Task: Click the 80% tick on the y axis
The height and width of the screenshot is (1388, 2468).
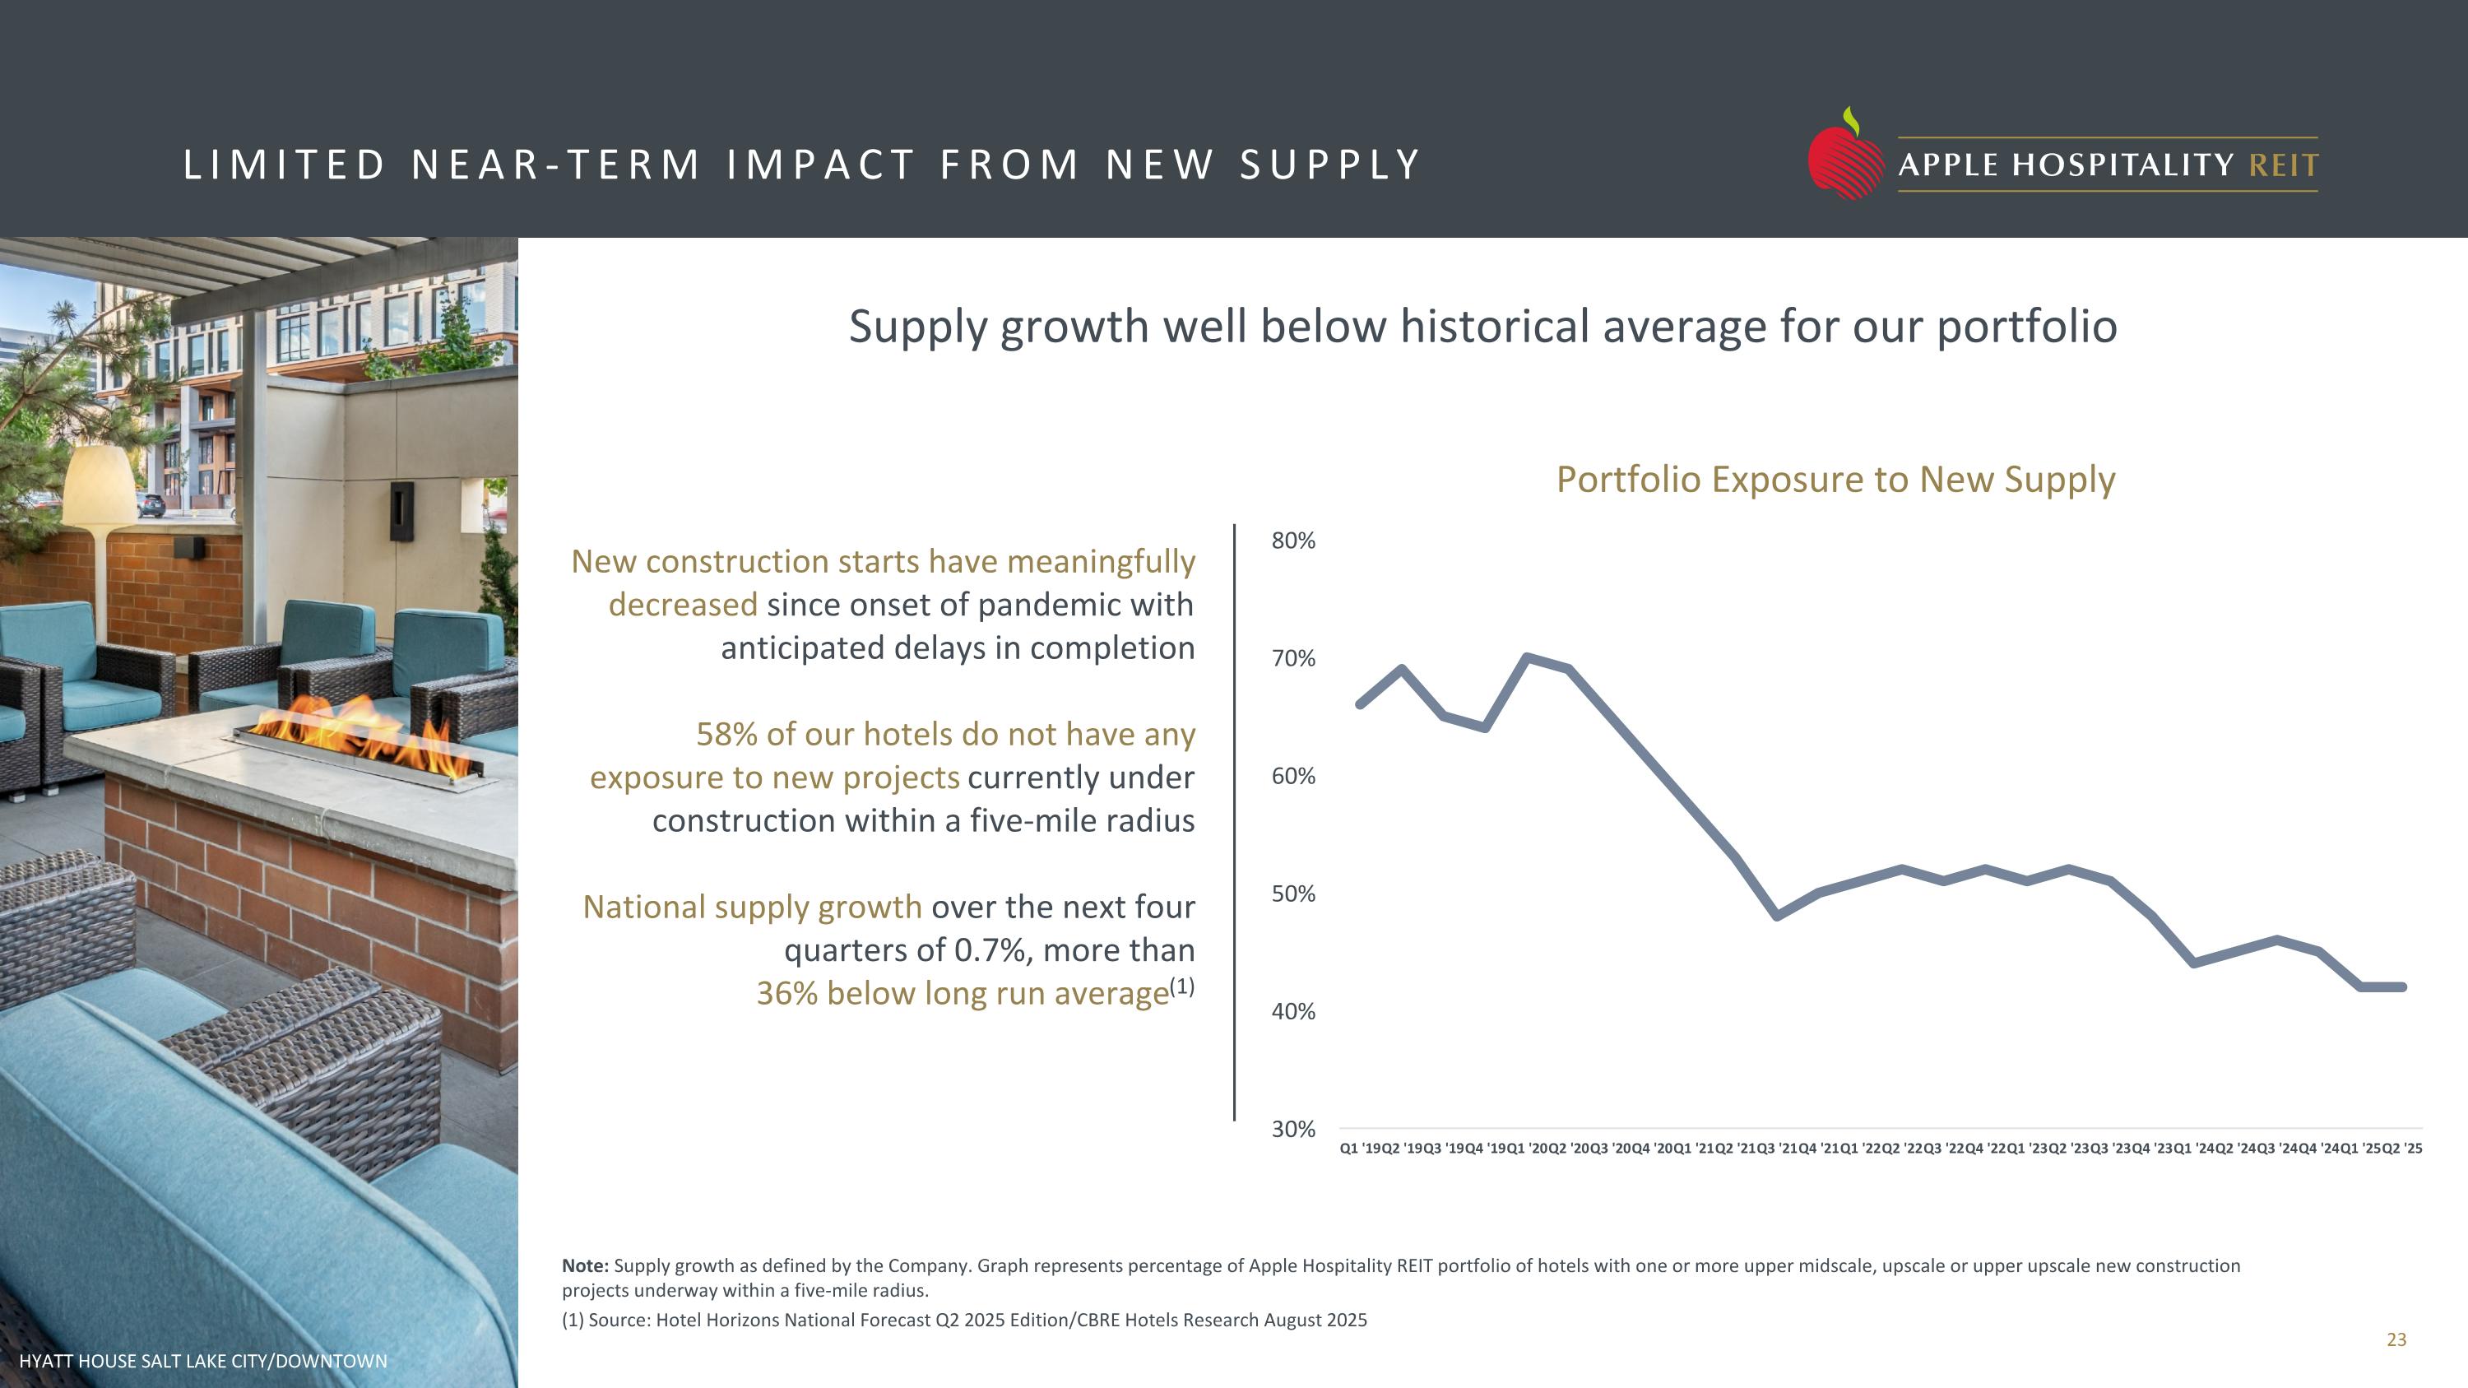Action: (1292, 541)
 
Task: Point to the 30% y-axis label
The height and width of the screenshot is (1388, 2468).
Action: (1292, 1130)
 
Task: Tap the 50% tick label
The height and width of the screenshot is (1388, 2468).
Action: (1292, 894)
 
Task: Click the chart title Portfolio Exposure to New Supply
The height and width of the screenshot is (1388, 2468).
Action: (1835, 480)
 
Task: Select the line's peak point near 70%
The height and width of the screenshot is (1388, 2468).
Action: (1527, 658)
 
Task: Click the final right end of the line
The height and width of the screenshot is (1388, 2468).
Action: (2402, 986)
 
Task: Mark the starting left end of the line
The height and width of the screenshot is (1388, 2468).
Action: (1361, 704)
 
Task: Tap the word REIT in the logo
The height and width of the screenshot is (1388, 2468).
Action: (2283, 165)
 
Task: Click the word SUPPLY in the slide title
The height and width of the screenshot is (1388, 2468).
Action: (1329, 165)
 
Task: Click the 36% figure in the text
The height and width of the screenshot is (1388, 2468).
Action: (786, 994)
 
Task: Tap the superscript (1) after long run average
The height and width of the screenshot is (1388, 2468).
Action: (1182, 986)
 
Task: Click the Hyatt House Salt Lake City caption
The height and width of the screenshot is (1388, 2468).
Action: (203, 1361)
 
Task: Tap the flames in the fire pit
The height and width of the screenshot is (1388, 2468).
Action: (364, 733)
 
